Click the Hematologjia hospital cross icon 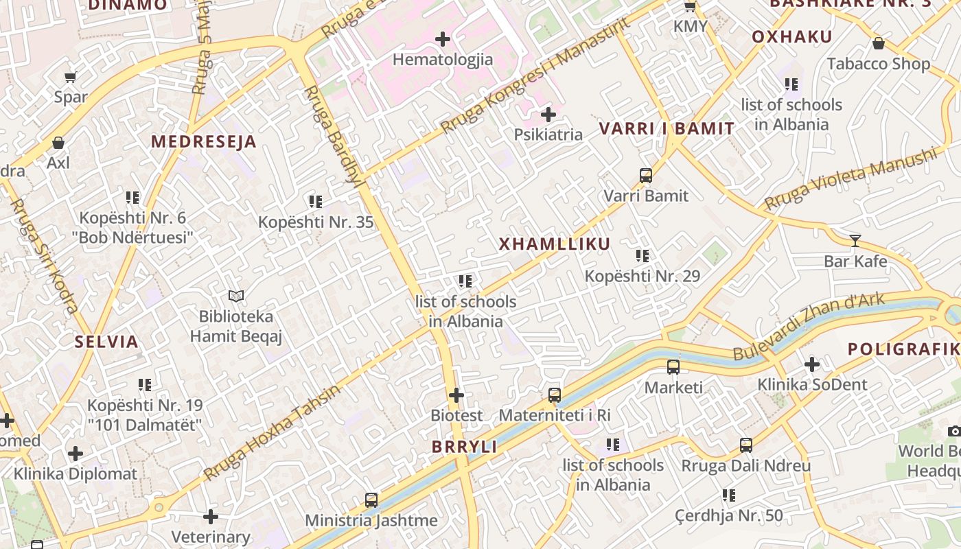pyautogui.click(x=443, y=39)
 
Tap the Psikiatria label pyautogui.click(x=548, y=135)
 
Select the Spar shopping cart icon pyautogui.click(x=70, y=77)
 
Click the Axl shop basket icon pyautogui.click(x=58, y=143)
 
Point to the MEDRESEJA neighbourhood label pyautogui.click(x=203, y=142)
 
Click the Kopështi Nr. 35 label pyautogui.click(x=316, y=222)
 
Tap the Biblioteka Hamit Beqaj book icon pyautogui.click(x=236, y=296)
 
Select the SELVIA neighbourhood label pyautogui.click(x=106, y=342)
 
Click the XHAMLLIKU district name pyautogui.click(x=554, y=244)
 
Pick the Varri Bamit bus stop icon pyautogui.click(x=645, y=175)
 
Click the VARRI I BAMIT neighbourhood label pyautogui.click(x=667, y=128)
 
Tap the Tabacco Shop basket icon pyautogui.click(x=878, y=44)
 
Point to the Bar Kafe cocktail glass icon pyautogui.click(x=855, y=240)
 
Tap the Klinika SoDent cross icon pyautogui.click(x=812, y=364)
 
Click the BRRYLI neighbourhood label pyautogui.click(x=464, y=447)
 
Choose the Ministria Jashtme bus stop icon pyautogui.click(x=371, y=500)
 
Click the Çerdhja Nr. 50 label pyautogui.click(x=728, y=515)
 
